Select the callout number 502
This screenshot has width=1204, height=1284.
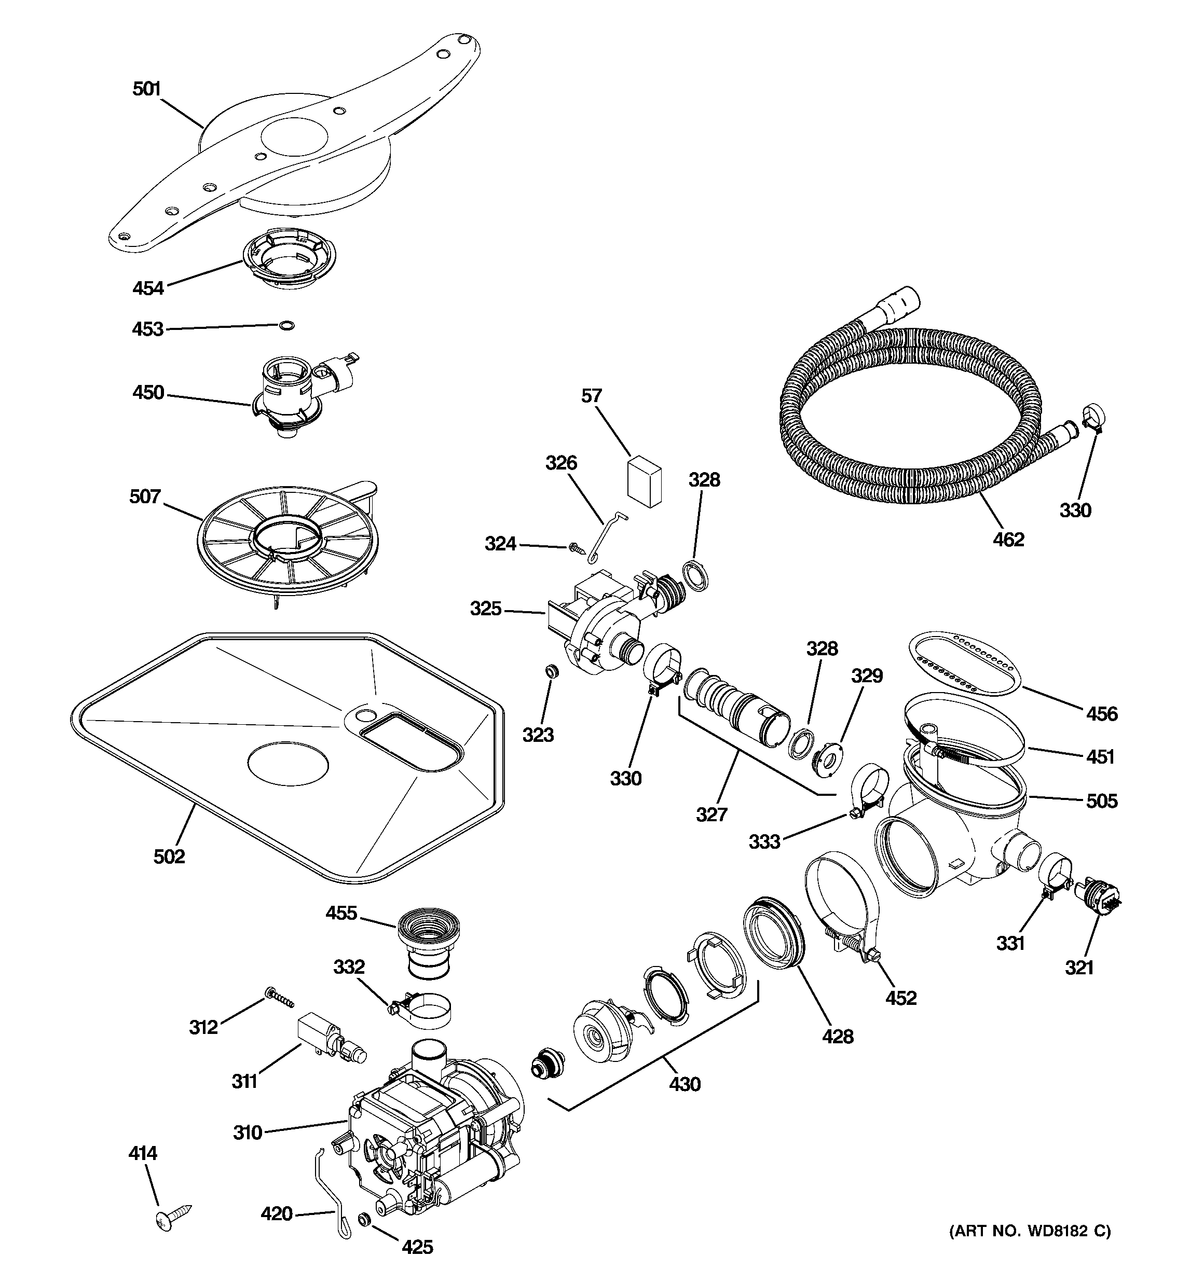tap(169, 857)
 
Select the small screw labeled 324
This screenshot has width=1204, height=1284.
tap(574, 548)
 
